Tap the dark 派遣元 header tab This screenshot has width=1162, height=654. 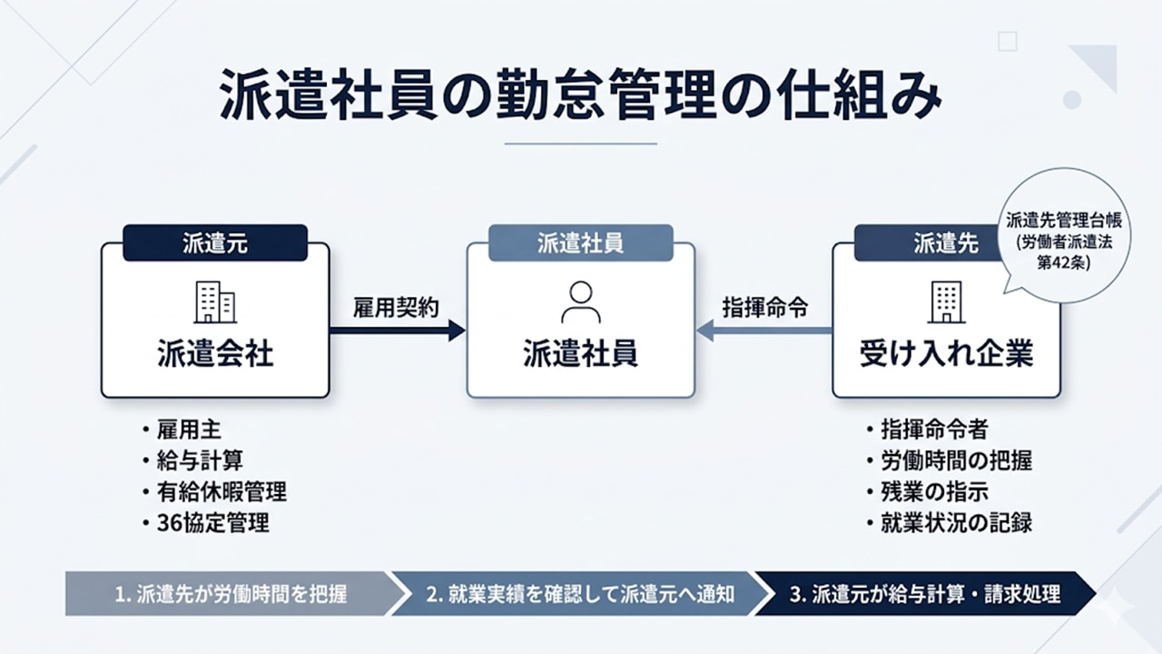(215, 243)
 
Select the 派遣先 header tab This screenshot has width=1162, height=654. (945, 243)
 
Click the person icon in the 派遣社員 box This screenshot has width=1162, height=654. (581, 302)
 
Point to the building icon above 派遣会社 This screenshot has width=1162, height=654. (215, 302)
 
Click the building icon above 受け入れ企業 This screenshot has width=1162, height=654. (946, 302)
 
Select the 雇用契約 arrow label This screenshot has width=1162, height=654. (396, 307)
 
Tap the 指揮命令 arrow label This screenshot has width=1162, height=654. (764, 307)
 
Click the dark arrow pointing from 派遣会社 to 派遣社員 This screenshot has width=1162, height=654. (398, 330)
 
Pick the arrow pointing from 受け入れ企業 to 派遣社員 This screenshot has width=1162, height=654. (764, 330)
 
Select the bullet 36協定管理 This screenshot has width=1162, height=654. (212, 523)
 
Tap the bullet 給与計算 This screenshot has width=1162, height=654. (199, 461)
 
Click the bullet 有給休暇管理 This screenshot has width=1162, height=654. (222, 491)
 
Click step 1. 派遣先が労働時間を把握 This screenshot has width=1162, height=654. (231, 595)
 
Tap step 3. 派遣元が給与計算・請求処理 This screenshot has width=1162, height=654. (924, 595)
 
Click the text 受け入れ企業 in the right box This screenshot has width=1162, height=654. (946, 353)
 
